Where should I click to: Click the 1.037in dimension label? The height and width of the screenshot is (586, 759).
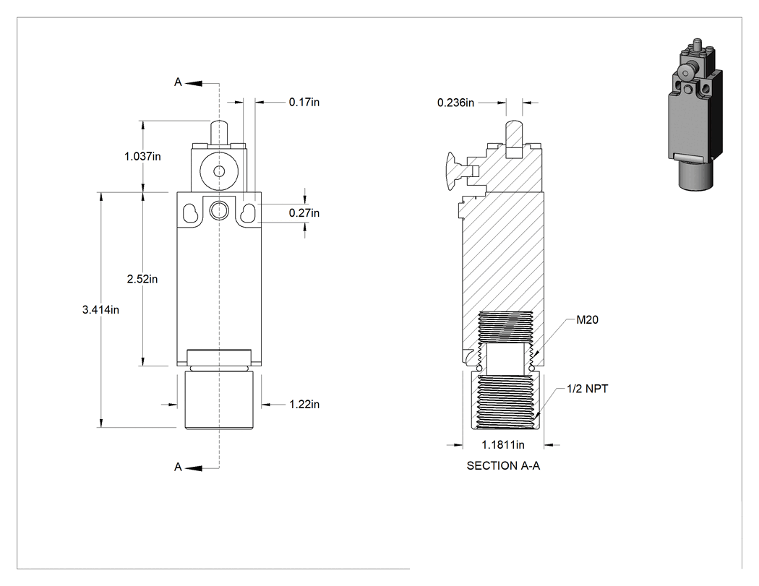click(142, 156)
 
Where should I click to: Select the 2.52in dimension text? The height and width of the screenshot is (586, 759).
click(142, 279)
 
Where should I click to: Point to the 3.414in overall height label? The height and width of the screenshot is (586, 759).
click(100, 310)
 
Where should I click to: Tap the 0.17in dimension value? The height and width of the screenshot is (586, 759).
click(304, 102)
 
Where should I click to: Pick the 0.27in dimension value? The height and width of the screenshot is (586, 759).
click(304, 213)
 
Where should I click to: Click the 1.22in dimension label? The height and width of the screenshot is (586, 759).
click(304, 404)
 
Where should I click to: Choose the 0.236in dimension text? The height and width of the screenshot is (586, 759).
click(455, 103)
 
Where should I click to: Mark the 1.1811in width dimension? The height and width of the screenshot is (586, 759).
click(503, 444)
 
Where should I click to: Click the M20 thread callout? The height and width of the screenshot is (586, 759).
click(587, 320)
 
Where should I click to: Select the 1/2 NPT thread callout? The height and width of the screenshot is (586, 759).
click(587, 389)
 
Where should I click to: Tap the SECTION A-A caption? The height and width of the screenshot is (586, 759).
click(503, 465)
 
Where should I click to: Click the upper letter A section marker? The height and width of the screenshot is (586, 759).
click(178, 82)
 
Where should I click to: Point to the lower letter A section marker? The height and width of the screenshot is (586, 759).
click(178, 467)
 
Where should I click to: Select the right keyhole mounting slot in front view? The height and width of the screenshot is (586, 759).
click(248, 213)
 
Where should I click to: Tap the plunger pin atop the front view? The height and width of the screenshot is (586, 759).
click(219, 132)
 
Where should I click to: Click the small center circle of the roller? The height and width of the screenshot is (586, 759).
click(219, 171)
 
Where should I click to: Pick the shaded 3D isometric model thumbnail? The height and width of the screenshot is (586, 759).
click(695, 114)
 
